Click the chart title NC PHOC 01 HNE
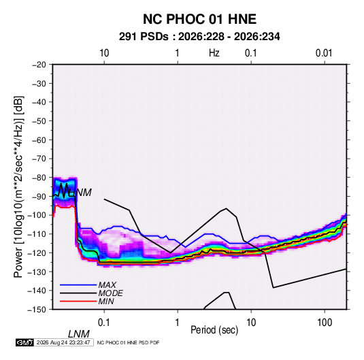point(199,19)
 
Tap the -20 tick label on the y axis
point(39,65)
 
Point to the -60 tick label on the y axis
point(39,140)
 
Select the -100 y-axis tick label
point(37,215)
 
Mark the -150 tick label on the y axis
point(37,310)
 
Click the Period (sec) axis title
point(214,330)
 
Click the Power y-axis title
point(18,187)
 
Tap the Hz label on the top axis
point(214,53)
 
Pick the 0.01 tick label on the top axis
point(324,53)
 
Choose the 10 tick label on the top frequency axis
point(104,53)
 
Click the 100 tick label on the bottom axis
point(325,323)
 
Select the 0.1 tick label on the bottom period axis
point(104,323)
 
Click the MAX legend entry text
point(107,284)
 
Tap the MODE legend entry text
point(110,293)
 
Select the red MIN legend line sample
point(78,301)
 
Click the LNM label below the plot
point(79,334)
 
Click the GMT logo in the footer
point(25,342)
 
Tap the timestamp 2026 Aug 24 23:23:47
point(63,342)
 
